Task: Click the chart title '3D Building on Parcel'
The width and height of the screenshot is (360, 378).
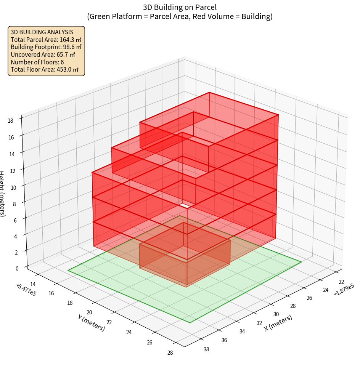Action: click(180, 7)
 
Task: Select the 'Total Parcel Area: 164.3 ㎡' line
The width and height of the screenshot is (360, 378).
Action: click(46, 39)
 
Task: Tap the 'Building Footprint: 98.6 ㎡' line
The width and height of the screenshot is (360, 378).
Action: click(46, 47)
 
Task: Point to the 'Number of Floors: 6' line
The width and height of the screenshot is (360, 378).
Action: click(37, 62)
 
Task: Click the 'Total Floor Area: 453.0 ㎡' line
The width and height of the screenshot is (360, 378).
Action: click(45, 70)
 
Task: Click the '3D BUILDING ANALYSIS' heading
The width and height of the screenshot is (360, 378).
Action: click(42, 32)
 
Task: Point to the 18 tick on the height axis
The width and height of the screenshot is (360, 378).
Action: click(10, 121)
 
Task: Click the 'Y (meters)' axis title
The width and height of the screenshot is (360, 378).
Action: click(91, 322)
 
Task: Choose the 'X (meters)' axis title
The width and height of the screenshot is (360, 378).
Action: click(278, 323)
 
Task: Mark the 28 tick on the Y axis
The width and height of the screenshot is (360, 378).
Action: click(170, 352)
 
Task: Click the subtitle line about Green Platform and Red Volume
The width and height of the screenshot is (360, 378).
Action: click(180, 16)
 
